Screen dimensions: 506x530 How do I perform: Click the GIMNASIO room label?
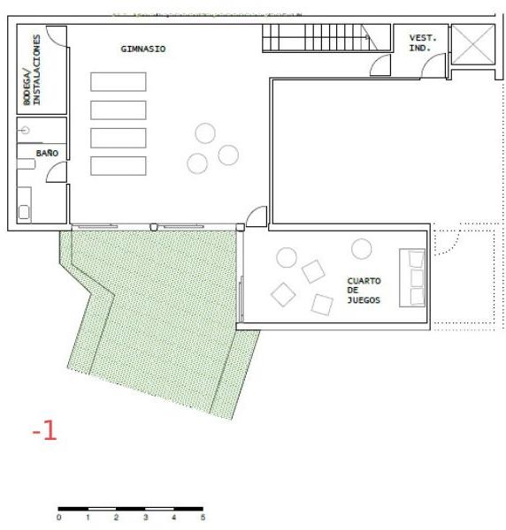[x=143, y=49]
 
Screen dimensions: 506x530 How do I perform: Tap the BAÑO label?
[x=47, y=153]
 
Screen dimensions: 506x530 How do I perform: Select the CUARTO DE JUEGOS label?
[x=364, y=291]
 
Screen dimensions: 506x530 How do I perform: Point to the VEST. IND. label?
[x=422, y=43]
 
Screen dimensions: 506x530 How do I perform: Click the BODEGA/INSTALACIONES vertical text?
[x=32, y=70]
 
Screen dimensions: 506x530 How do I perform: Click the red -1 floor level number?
[x=45, y=431]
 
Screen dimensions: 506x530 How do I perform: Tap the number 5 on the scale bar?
[x=203, y=518]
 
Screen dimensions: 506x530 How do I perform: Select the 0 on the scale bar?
[x=59, y=518]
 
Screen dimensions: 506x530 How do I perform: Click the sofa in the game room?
[x=412, y=278]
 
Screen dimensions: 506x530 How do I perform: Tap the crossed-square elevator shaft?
[x=473, y=44]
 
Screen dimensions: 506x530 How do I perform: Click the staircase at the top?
[x=326, y=37]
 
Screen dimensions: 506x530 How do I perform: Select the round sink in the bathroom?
[x=25, y=130]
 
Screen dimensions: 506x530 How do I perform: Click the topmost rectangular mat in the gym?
[x=119, y=82]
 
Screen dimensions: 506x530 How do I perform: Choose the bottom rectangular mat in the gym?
[x=119, y=166]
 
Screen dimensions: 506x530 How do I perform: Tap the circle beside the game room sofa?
[x=362, y=249]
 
